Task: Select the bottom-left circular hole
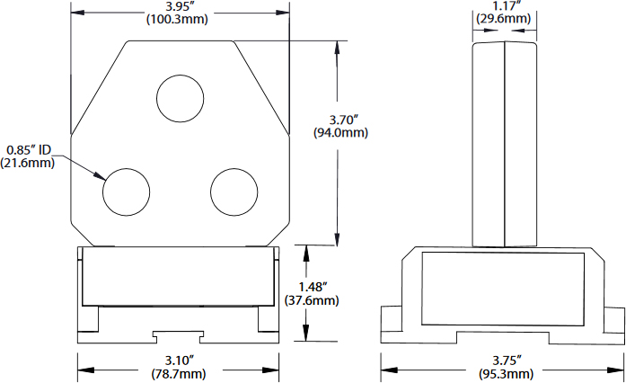[x=126, y=192]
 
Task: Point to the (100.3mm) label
[x=180, y=20]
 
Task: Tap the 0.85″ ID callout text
[x=30, y=149]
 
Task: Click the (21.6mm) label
[x=30, y=163]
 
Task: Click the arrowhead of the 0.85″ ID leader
[x=101, y=176]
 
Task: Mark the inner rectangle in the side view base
[x=503, y=288]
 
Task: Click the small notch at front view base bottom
[x=179, y=336]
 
